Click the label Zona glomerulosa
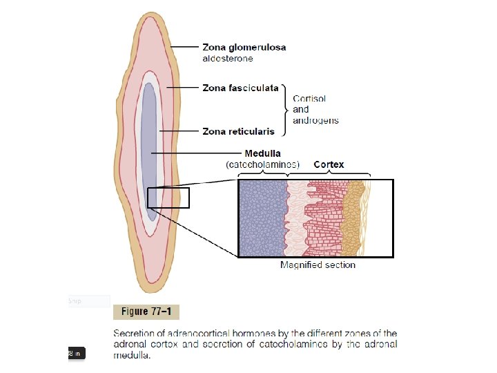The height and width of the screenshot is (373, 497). (244, 48)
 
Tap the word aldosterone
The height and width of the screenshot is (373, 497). (227, 59)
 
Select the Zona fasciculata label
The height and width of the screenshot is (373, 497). (240, 88)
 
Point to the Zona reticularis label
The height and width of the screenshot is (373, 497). (238, 131)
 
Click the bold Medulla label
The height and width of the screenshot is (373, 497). (263, 153)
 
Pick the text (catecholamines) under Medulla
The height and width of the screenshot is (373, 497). (263, 164)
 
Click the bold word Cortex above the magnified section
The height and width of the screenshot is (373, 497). (329, 164)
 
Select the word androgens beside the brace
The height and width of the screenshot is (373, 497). (315, 120)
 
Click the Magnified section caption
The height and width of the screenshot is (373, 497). (318, 265)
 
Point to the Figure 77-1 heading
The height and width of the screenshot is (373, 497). (146, 312)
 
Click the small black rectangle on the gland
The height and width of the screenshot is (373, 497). (168, 198)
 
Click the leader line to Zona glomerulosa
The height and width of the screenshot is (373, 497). (184, 48)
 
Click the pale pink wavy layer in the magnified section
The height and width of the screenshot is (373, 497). (298, 218)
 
